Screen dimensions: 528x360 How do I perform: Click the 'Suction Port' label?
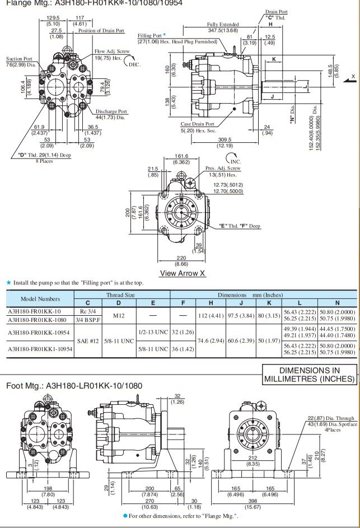point(19,59)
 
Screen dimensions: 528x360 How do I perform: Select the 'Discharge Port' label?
point(111,111)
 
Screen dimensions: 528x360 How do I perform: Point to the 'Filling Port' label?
point(149,36)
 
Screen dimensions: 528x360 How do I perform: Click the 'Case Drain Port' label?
point(197,124)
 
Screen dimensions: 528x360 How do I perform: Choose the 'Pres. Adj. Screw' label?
point(223,168)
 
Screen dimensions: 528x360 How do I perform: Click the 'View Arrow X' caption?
point(183,273)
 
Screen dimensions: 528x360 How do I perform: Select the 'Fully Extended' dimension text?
point(223,25)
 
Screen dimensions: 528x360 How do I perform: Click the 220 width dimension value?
point(181,258)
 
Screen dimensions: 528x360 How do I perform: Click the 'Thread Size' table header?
point(120,295)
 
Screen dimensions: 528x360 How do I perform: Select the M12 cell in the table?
point(118,315)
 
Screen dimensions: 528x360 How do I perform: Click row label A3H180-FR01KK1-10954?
point(39,349)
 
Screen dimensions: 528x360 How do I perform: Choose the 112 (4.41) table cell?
point(211,315)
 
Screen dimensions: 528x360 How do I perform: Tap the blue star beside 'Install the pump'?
point(8,283)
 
